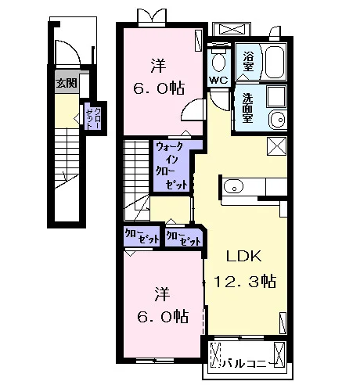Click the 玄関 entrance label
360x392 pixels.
(x=67, y=83)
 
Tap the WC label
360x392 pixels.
(x=219, y=80)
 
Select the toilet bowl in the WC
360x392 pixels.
(x=218, y=62)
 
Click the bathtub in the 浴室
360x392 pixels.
(x=275, y=63)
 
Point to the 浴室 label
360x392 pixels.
(x=248, y=62)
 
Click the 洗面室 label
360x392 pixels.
(x=247, y=108)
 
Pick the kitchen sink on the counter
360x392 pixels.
(x=233, y=186)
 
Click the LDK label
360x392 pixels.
(x=243, y=256)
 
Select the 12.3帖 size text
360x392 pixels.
(x=245, y=281)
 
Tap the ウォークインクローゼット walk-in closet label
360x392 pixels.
(x=171, y=166)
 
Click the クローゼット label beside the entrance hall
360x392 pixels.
(x=93, y=119)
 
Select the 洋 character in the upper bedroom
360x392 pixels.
(x=158, y=66)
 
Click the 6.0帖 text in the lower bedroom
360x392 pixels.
(x=163, y=316)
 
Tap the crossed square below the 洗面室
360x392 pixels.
(x=276, y=146)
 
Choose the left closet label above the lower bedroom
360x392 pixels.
(x=142, y=236)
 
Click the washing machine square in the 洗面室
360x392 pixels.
(x=276, y=96)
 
